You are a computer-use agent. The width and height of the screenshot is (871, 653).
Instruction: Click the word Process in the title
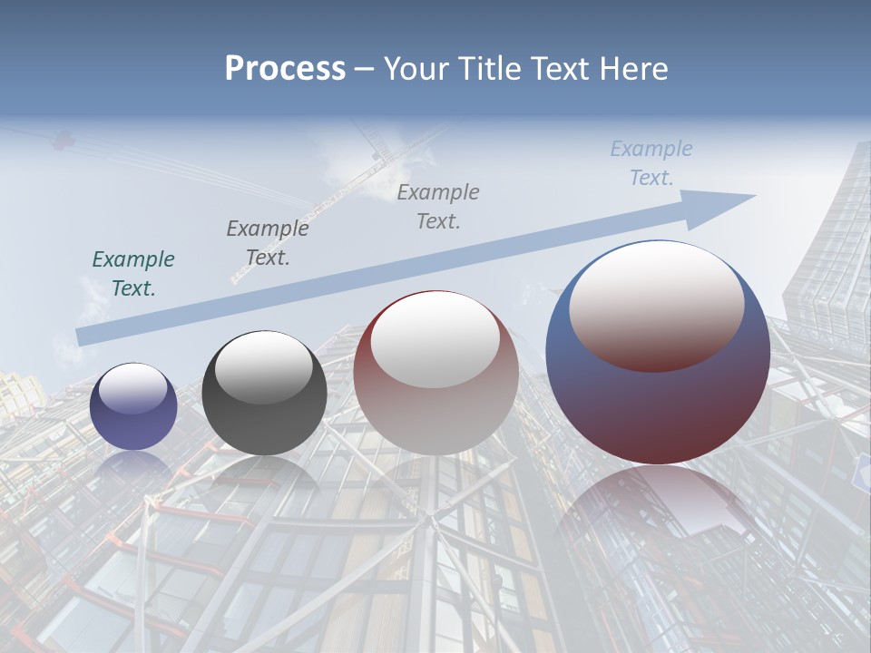tap(285, 69)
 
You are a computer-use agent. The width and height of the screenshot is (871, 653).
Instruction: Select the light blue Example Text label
tap(651, 163)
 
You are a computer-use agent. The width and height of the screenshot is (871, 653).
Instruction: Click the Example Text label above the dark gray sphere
tap(267, 243)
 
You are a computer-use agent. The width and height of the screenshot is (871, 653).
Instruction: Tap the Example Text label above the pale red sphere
tap(438, 206)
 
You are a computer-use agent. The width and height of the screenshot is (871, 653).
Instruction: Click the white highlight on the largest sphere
tap(656, 304)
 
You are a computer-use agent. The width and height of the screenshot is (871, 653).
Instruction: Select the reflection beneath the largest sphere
tap(658, 517)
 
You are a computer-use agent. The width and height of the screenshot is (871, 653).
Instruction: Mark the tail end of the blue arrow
tap(82, 336)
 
